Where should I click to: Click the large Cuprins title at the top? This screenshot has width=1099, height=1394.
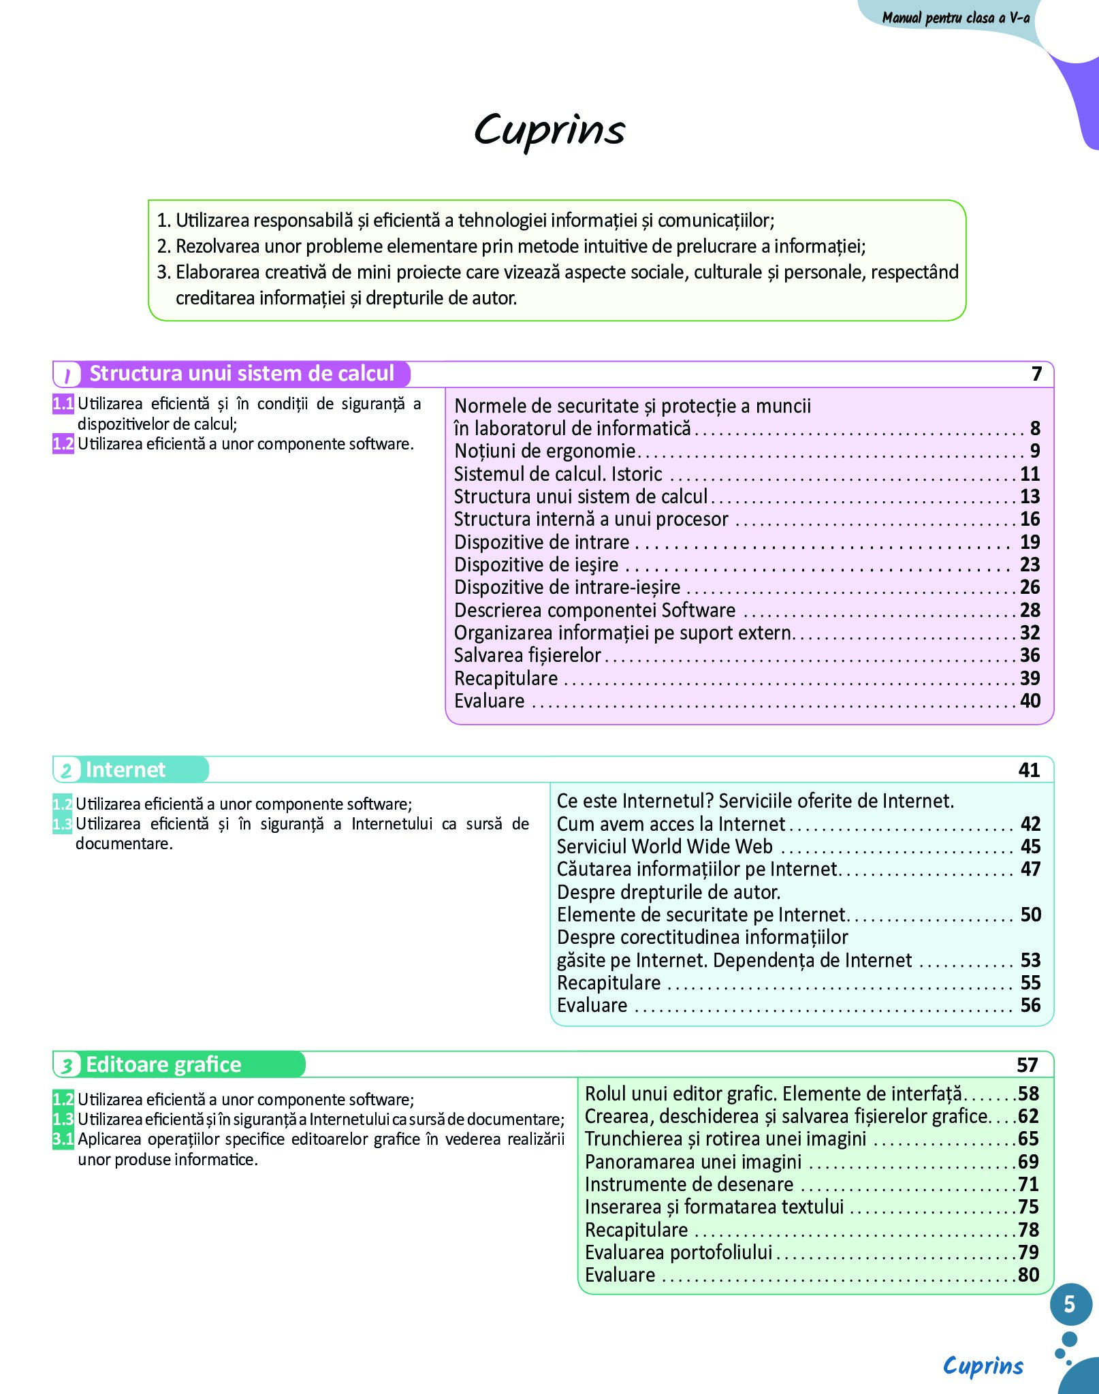(549, 129)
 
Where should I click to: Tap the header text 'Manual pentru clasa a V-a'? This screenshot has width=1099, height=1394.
(955, 18)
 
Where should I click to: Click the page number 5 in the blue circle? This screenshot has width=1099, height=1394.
(1070, 1304)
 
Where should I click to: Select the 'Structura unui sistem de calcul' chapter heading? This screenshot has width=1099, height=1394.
(242, 374)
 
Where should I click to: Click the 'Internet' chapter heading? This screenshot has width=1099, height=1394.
(125, 770)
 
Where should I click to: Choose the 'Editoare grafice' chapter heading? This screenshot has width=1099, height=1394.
(163, 1064)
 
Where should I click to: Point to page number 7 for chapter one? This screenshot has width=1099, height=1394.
(1036, 374)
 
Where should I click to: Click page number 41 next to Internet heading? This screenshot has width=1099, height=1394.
(1029, 770)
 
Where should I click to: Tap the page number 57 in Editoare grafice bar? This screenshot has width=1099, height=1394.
(1028, 1065)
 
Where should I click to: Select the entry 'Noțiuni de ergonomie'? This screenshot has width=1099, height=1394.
(545, 451)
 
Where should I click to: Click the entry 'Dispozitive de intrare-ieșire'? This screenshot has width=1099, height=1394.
(567, 587)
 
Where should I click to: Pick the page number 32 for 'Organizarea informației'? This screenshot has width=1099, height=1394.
(1030, 633)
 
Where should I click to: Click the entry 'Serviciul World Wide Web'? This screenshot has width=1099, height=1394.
(665, 846)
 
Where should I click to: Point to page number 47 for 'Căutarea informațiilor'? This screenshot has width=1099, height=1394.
(1030, 869)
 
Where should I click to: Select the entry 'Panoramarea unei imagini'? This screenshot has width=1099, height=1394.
(693, 1162)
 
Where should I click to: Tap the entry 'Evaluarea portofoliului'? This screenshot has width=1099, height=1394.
(678, 1252)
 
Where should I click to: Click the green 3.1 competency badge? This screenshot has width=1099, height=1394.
(63, 1139)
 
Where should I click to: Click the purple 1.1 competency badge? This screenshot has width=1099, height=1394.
(63, 404)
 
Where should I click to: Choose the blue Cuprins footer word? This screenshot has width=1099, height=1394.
(983, 1365)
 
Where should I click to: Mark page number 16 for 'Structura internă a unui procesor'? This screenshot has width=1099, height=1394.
(1030, 519)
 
